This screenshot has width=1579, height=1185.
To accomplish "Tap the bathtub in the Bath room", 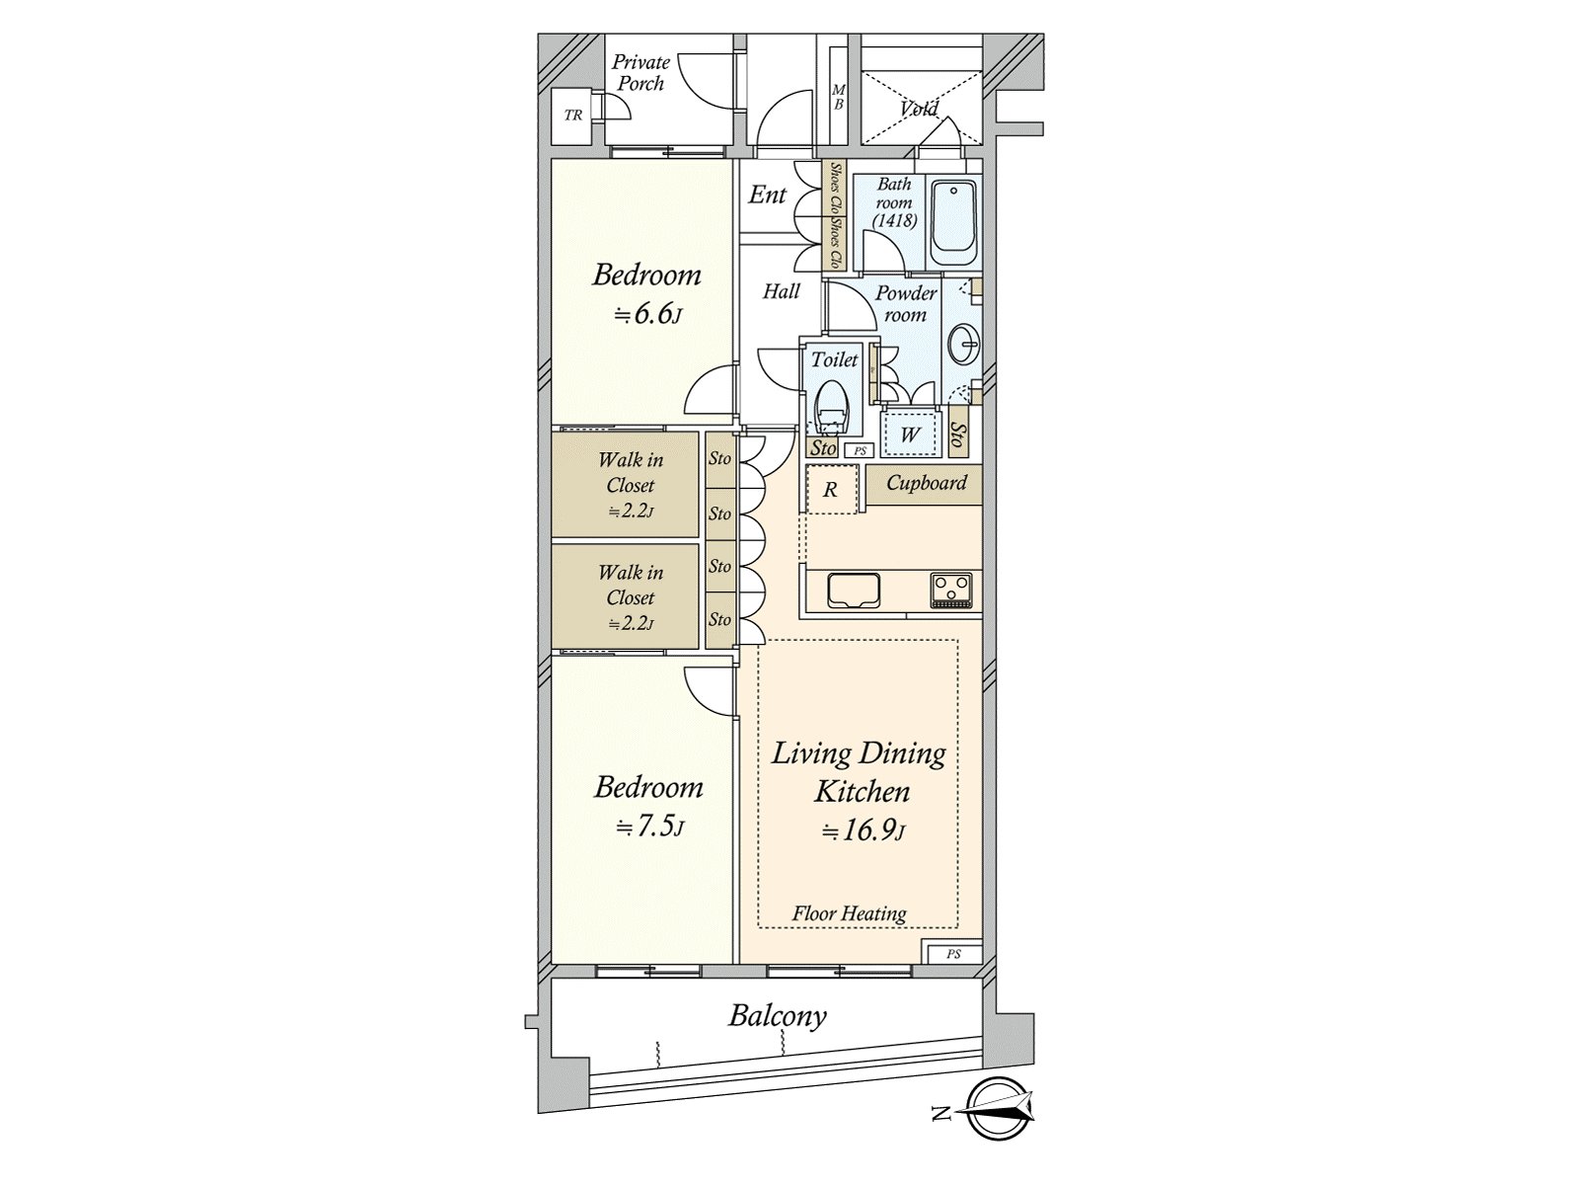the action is pos(954,223).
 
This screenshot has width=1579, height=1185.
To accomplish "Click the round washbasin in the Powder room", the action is pos(963,346).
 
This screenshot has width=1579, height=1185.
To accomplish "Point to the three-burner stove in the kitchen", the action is pos(951,592).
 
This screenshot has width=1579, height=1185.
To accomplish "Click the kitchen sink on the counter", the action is pos(854,592).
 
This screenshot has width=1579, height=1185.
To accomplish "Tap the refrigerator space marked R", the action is pos(832,490).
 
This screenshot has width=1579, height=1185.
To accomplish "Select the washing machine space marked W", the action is pos(911,434).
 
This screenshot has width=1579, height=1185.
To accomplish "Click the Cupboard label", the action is pos(926,482).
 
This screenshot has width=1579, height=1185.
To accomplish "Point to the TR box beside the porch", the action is pos(572,116).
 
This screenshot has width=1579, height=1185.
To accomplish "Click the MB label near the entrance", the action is pos(838,97).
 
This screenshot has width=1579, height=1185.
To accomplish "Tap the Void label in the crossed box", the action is pos(919,109).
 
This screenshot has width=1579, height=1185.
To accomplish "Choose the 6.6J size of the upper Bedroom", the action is pos(646,315).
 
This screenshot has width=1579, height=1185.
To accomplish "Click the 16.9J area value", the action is pos(864,831).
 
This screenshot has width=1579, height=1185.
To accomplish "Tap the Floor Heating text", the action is pos(849,913).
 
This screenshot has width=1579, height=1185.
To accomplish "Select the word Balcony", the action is pos(778,1016).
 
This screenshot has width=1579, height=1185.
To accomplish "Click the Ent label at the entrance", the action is pos(767,195).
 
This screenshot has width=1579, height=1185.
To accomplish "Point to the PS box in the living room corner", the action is pos(953,954).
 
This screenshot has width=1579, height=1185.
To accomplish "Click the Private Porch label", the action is pos(640,73).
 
